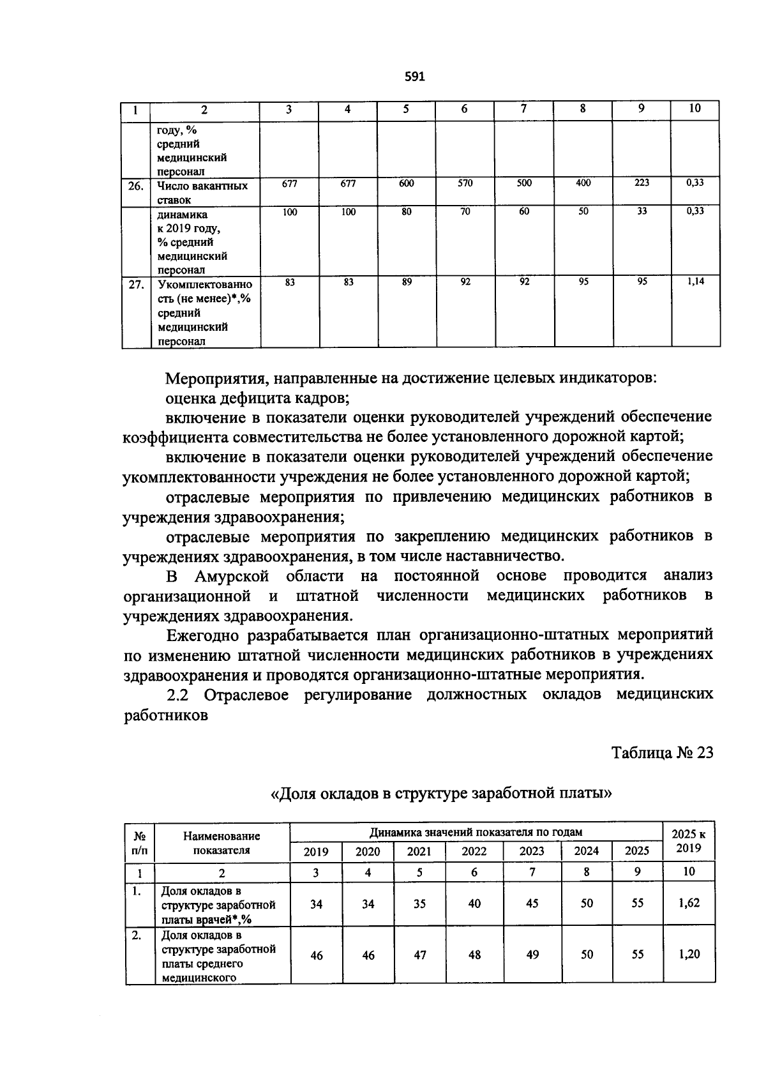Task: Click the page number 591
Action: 415,77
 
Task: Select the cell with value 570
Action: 465,183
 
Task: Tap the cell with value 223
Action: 642,183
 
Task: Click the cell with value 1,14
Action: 695,282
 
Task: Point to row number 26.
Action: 135,186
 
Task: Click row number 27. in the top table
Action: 135,285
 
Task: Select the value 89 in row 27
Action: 407,282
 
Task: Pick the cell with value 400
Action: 583,183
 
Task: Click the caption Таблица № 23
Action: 662,753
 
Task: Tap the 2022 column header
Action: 474,851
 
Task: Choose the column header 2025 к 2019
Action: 689,841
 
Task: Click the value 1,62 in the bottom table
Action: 689,904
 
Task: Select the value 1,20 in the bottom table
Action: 689,955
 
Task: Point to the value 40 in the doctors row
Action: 474,904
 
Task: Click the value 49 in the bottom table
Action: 532,955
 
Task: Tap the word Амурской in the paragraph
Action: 231,577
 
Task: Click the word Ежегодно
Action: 202,636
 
